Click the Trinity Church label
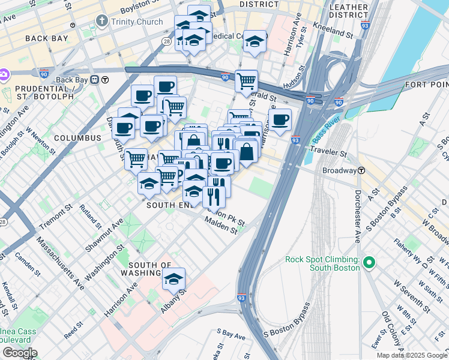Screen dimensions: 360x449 [x=137, y=22]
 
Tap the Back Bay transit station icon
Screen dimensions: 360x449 [x=104, y=80]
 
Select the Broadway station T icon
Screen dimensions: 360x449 [x=362, y=170]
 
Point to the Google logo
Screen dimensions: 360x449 [x=19, y=353]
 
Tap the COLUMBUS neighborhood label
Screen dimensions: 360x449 [x=77, y=138]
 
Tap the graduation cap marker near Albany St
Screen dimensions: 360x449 [x=173, y=279]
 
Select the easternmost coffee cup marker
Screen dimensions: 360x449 [x=280, y=119]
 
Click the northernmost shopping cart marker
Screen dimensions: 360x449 [x=246, y=80]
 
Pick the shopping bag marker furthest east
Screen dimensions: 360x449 [x=247, y=152]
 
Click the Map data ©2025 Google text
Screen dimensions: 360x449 [x=411, y=355]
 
